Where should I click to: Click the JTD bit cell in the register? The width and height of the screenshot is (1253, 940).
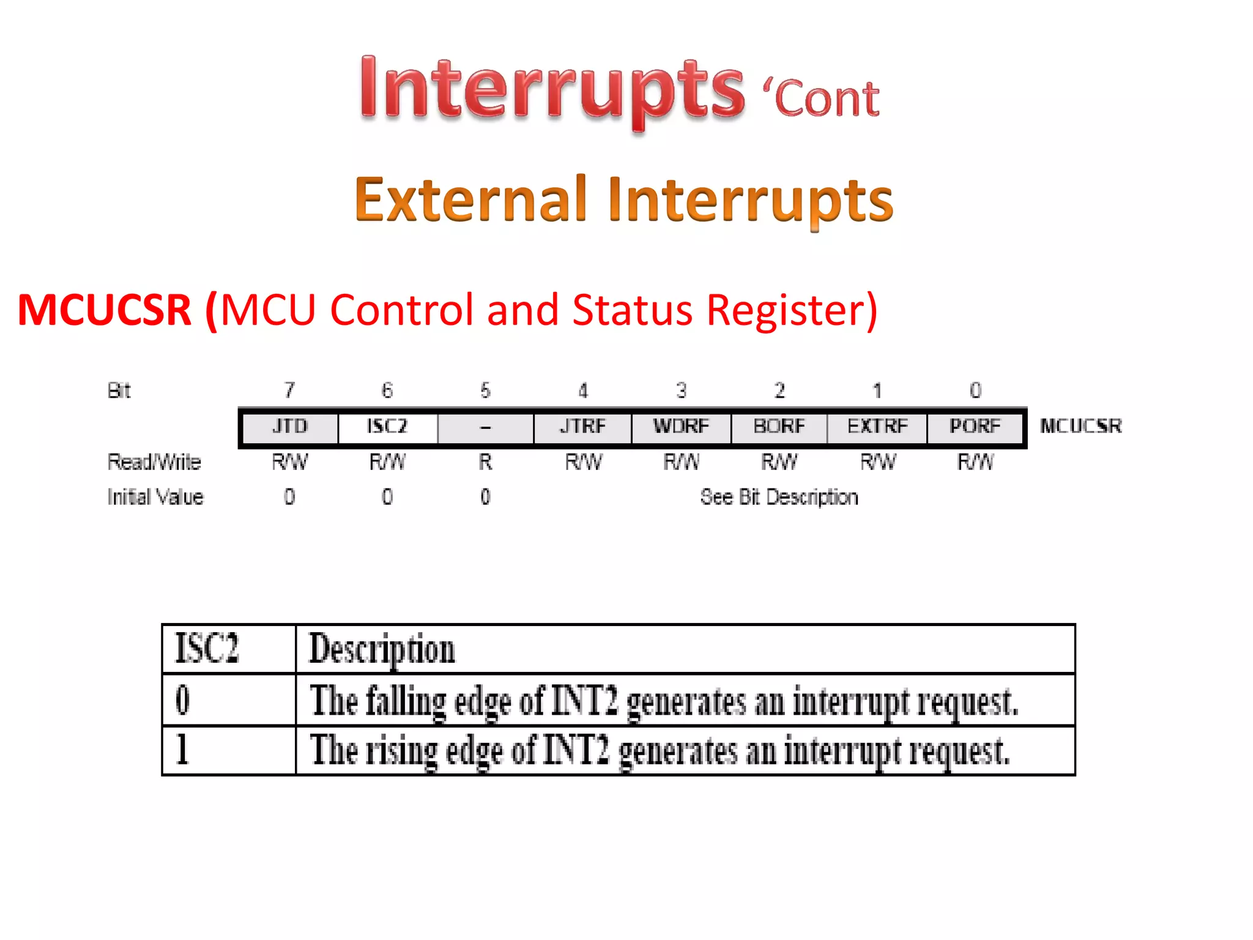[x=289, y=427]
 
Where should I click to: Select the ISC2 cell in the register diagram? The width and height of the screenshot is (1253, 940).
[x=387, y=427]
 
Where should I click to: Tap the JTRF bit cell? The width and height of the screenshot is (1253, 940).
[x=582, y=427]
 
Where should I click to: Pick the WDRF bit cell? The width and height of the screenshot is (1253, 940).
[x=681, y=427]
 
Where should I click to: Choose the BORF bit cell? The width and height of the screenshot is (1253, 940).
[x=779, y=427]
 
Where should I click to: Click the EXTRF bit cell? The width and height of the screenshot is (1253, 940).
[x=877, y=427]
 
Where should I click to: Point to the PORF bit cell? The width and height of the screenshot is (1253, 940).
[x=975, y=427]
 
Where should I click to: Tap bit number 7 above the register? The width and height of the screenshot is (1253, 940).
[x=289, y=390]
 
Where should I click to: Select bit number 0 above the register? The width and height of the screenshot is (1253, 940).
[x=975, y=390]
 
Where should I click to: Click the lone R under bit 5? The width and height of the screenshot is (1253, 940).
[x=485, y=462]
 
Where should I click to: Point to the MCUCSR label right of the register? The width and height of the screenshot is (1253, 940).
[x=1080, y=427]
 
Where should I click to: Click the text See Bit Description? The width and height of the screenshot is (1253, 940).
[x=779, y=498]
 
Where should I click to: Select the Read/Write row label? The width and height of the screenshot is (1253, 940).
[x=154, y=462]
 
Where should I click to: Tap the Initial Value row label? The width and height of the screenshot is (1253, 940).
[x=155, y=497]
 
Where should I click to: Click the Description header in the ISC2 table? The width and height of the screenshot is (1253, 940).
[x=382, y=650]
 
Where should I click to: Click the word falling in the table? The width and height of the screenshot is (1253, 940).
[x=406, y=701]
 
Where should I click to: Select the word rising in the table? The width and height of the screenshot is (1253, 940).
[x=401, y=752]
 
